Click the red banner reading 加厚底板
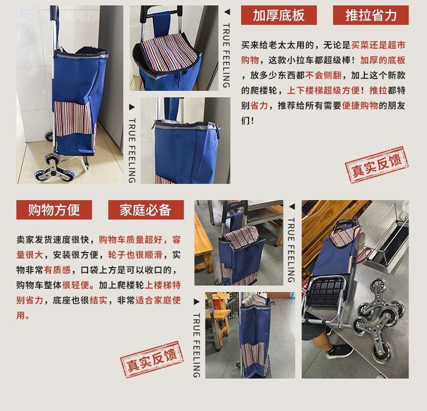[278, 15]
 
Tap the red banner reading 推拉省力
[371, 15]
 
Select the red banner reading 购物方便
[54, 210]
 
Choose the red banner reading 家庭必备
[146, 210]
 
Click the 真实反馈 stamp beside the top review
[377, 164]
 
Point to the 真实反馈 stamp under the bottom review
[152, 359]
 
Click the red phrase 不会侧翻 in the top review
[324, 75]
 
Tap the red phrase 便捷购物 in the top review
[360, 105]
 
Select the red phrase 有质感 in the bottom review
[57, 270]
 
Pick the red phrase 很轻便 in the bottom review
[76, 285]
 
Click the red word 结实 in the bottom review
[98, 300]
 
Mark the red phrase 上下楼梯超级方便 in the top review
[324, 90]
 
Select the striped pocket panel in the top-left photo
[73, 118]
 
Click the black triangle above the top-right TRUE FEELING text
[227, 12]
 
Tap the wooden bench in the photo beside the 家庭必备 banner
[202, 245]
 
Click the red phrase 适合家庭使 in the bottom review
[158, 300]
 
